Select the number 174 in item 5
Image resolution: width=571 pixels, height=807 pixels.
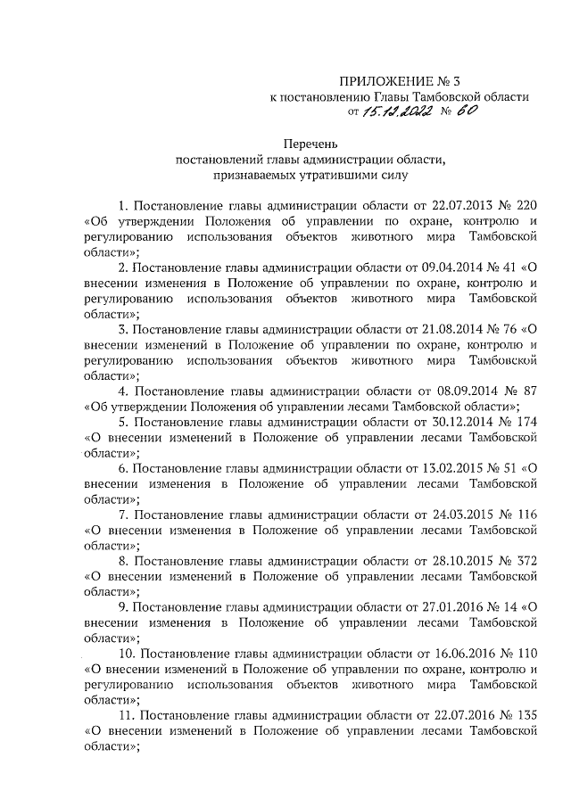tap(530, 420)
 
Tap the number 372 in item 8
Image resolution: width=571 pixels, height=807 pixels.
tap(530, 558)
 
